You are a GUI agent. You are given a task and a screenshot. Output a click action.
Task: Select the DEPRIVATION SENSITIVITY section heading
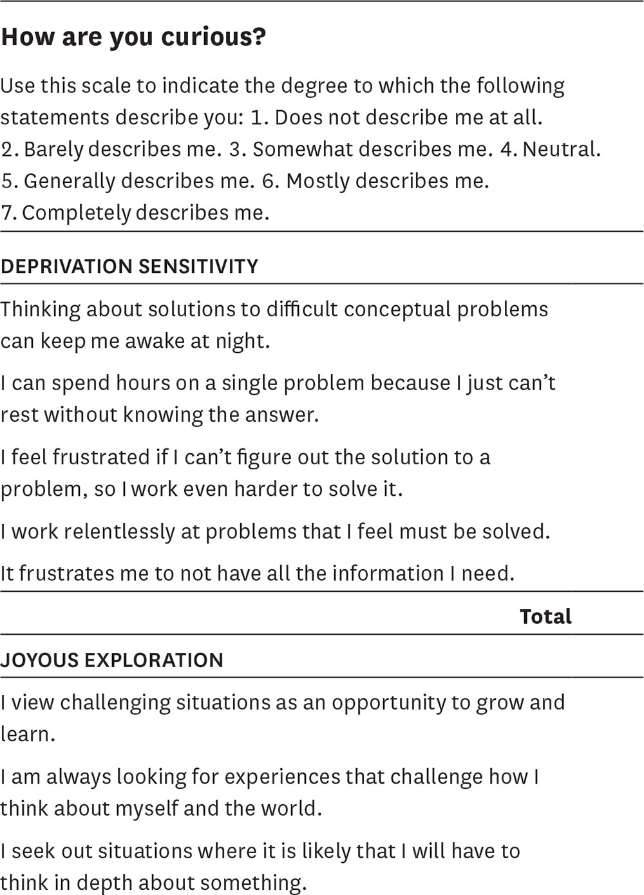click(x=129, y=267)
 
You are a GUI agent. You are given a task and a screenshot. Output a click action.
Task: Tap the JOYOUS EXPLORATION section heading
click(x=112, y=660)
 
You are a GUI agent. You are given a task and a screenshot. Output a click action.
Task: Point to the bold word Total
click(x=545, y=617)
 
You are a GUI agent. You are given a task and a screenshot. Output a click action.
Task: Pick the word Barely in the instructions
click(x=53, y=149)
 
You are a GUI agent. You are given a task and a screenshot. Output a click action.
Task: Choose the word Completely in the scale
click(x=76, y=212)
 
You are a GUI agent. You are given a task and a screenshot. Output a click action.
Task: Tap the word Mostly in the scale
click(x=318, y=181)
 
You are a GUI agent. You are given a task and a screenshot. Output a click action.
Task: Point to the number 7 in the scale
click(x=7, y=212)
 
